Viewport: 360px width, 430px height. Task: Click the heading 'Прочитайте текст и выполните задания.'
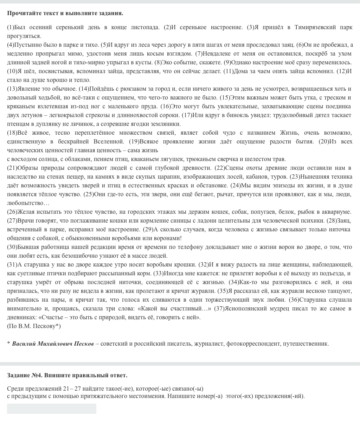point(65,13)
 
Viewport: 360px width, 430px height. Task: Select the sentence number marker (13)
point(12,89)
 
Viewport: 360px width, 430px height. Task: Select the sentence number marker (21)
point(12,168)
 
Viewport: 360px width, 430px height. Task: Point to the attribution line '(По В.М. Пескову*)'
point(34,326)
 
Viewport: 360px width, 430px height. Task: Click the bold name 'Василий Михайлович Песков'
point(53,344)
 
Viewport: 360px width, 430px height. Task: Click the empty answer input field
point(52,409)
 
